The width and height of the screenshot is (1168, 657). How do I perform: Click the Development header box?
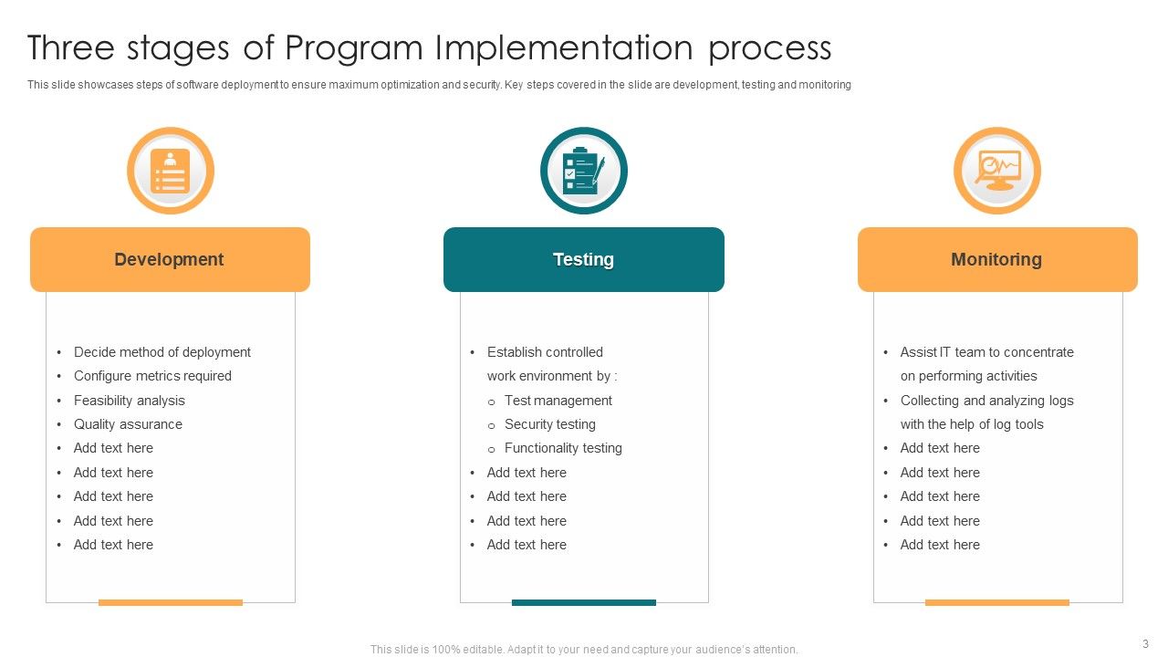[170, 260]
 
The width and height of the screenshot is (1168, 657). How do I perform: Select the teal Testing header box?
[583, 260]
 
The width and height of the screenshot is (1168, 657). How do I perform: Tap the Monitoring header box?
[996, 260]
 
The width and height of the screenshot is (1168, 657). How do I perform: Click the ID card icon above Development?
[170, 171]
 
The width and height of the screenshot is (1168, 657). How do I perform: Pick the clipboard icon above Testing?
[583, 171]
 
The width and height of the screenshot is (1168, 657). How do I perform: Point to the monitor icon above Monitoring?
[996, 171]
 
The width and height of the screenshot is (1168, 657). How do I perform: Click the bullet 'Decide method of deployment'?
[162, 352]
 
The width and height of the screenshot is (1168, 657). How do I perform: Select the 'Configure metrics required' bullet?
[152, 376]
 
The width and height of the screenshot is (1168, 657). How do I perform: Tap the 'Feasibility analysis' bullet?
[129, 401]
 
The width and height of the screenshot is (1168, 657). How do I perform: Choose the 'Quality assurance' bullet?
[128, 424]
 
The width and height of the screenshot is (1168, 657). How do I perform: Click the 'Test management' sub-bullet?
[558, 401]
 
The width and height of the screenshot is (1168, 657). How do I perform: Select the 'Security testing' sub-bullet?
[549, 424]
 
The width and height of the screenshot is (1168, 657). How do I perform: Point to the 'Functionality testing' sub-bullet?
[563, 448]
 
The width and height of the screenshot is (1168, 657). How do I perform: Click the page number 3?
[1145, 643]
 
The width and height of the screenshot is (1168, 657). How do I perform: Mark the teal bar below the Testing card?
[583, 602]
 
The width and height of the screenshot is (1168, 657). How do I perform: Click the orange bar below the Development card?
[170, 602]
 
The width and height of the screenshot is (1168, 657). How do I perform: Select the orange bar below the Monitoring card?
[996, 602]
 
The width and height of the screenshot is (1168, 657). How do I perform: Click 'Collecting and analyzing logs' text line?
[986, 401]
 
